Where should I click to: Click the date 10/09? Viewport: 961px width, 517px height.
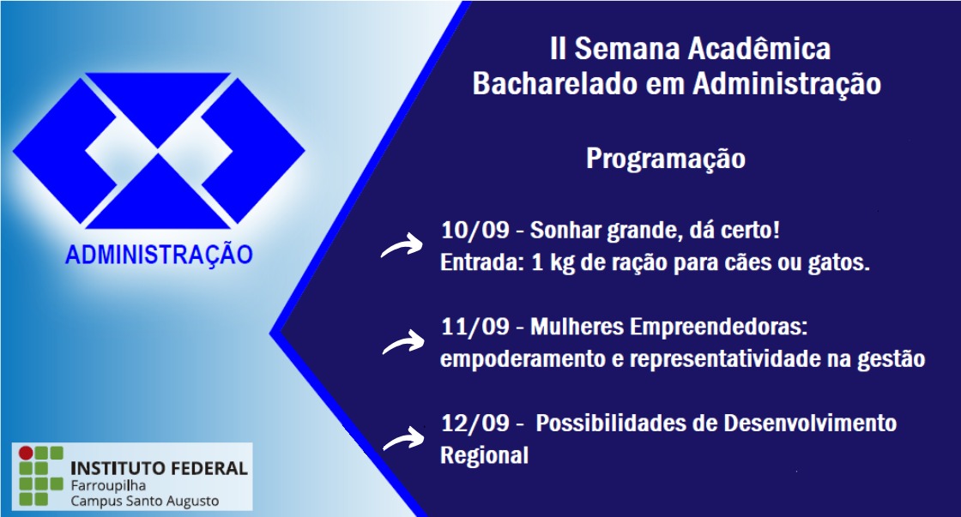(x=475, y=231)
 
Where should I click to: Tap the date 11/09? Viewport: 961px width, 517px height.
(x=475, y=327)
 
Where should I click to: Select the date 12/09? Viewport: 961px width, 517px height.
(x=475, y=424)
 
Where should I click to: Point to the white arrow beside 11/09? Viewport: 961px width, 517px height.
(x=402, y=342)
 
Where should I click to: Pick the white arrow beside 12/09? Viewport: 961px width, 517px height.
(x=402, y=438)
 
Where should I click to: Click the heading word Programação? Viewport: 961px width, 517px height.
(x=666, y=159)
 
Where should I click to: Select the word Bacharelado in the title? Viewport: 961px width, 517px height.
(x=555, y=84)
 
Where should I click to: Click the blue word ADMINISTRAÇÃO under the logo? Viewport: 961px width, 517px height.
(x=160, y=255)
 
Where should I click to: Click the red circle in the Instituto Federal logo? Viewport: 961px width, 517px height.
(x=26, y=453)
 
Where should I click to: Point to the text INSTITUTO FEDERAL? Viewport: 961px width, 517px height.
(x=160, y=469)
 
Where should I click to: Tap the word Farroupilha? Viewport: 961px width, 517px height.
(x=108, y=486)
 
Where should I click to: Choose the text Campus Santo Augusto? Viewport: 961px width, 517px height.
(x=145, y=501)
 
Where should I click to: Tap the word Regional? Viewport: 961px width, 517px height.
(x=484, y=456)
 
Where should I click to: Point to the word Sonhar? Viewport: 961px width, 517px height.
(x=565, y=231)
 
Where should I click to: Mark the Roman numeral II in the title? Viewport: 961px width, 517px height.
(x=558, y=49)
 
